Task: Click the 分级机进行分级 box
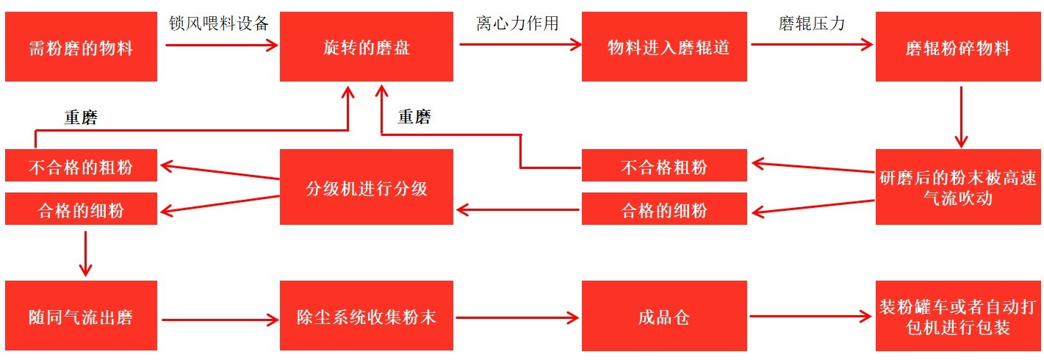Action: [x=367, y=187]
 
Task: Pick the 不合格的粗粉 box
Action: [x=81, y=165]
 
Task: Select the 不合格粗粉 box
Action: [x=664, y=165]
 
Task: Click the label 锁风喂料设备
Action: [x=219, y=23]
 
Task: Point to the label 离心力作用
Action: [x=517, y=23]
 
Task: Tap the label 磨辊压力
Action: [x=811, y=23]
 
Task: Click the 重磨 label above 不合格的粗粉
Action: [x=81, y=118]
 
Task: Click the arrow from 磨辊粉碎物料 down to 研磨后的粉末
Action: [x=962, y=116]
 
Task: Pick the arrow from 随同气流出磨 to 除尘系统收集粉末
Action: [x=220, y=320]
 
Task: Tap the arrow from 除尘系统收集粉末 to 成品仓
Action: [x=517, y=318]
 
